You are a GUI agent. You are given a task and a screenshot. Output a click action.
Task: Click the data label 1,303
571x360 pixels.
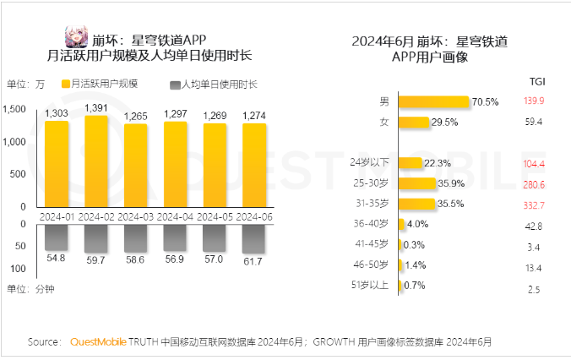point(57,113)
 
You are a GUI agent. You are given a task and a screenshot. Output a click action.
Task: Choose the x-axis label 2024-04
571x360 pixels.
point(175,216)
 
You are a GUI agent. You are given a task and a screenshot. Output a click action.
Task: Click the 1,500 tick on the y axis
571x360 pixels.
point(16,109)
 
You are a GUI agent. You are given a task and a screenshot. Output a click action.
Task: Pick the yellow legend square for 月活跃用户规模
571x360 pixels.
point(65,85)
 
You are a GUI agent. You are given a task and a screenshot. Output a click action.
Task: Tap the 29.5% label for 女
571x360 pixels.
point(444,123)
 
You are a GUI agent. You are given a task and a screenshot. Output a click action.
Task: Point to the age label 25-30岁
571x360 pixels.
point(371,183)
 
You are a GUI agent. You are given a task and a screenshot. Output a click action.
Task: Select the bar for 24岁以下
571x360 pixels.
point(410,163)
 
